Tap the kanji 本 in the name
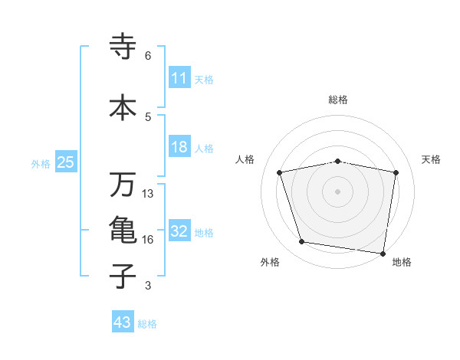[x=123, y=107]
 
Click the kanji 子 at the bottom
[x=123, y=276]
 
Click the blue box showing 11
[x=179, y=78]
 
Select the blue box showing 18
[x=179, y=147]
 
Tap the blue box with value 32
[x=179, y=232]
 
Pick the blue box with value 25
[x=65, y=162]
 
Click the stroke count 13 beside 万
[x=148, y=193]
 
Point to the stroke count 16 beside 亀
[x=148, y=240]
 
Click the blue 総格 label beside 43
[x=147, y=323]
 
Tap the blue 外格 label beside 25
[x=41, y=163]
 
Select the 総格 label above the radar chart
[x=338, y=100]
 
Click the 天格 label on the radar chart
[x=432, y=159]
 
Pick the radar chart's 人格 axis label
[x=245, y=159]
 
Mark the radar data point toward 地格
[x=383, y=253]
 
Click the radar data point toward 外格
[x=302, y=242]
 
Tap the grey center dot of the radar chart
[x=338, y=191]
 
